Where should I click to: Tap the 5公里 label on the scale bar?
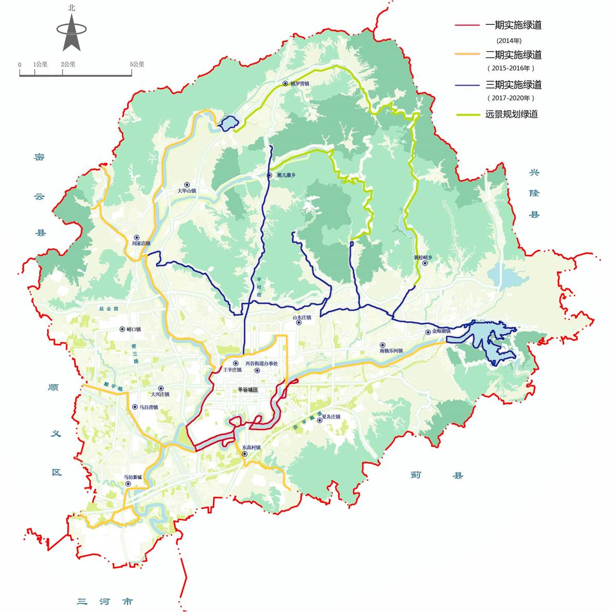click(137, 64)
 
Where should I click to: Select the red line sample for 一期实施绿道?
click(468, 25)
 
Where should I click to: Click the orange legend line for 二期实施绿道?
click(468, 55)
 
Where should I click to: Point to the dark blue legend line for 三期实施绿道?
click(468, 85)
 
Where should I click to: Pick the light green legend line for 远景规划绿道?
click(468, 114)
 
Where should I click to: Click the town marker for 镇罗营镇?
click(285, 83)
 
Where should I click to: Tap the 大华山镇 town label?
click(187, 191)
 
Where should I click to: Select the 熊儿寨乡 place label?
click(286, 175)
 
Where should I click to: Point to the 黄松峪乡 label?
click(423, 257)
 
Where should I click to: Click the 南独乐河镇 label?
click(391, 351)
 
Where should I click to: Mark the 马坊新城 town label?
click(133, 477)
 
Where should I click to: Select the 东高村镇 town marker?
click(244, 454)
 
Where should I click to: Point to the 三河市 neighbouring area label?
click(105, 601)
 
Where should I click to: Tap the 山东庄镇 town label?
click(302, 318)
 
